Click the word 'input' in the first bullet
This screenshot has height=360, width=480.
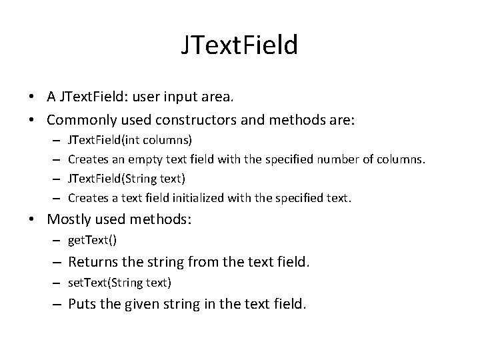[x=176, y=97]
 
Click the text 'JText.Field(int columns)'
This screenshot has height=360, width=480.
[x=130, y=140]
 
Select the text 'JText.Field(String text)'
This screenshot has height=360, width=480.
[x=127, y=178]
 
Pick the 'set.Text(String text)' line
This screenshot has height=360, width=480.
[x=120, y=283]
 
